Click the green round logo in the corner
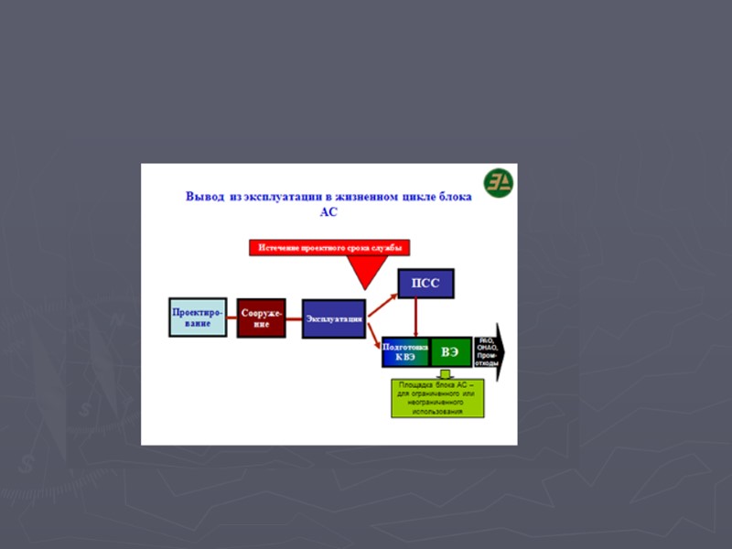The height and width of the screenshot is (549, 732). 499,180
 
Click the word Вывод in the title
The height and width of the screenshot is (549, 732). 203,197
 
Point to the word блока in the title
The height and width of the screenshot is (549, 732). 453,197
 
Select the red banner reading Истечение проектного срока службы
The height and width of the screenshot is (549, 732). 329,247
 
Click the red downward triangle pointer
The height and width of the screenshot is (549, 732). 364,271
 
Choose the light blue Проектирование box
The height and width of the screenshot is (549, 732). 198,317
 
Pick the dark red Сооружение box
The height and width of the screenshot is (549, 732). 261,318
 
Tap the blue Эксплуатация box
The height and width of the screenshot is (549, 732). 333,318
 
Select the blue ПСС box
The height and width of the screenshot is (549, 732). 425,283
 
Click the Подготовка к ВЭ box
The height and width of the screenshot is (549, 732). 405,352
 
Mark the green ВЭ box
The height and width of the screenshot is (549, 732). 450,352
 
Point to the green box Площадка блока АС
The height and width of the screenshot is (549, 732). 437,398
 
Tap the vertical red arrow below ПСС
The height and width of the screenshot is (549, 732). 416,317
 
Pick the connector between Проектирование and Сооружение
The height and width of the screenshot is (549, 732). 232,318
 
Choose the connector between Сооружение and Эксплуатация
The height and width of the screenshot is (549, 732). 294,318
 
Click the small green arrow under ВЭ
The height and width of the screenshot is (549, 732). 445,373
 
